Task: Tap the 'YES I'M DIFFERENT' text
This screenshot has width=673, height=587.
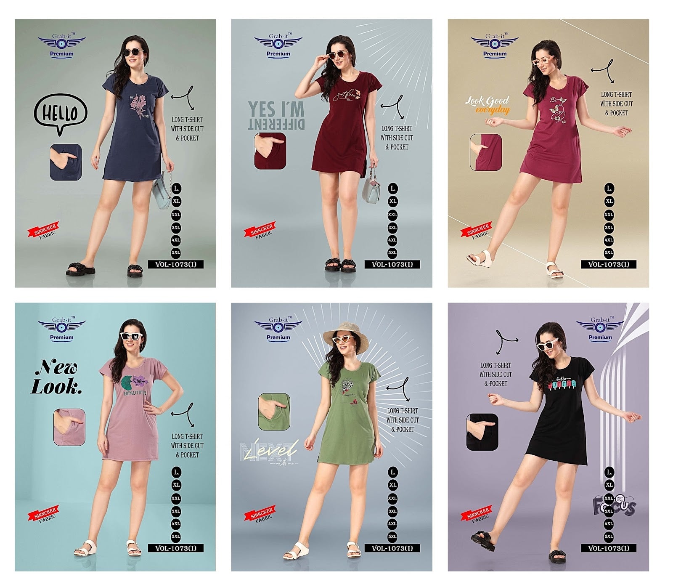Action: [x=276, y=115]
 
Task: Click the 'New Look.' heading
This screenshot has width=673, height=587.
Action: [x=56, y=377]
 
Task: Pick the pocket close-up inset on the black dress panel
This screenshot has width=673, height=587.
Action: [x=482, y=432]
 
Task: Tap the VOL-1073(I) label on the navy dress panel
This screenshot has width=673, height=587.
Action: [x=176, y=264]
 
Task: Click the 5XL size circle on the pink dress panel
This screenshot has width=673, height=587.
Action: [x=176, y=537]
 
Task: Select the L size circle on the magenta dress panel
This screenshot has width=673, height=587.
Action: [x=609, y=189]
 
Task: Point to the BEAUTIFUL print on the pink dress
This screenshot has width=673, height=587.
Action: [x=136, y=393]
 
